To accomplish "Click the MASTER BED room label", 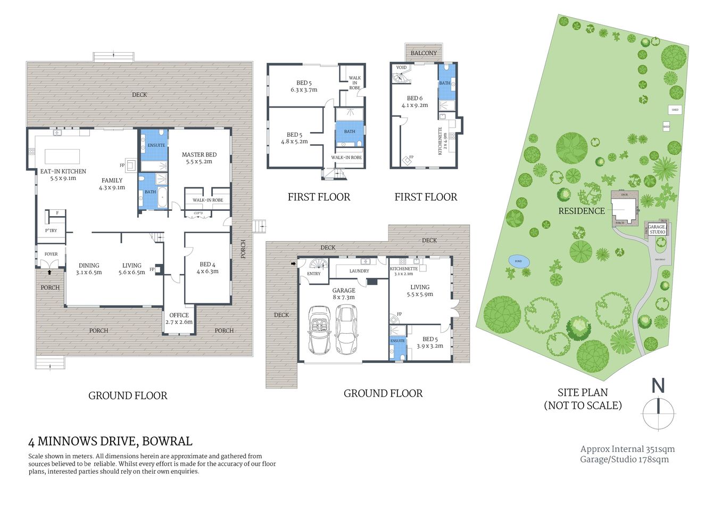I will click(199, 158).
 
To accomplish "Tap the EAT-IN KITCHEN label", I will click(63, 175).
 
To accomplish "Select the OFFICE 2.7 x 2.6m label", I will click(179, 318).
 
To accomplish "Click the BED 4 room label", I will click(207, 268).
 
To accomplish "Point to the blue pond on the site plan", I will click(518, 261).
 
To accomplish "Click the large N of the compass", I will click(658, 385).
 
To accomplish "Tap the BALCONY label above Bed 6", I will click(424, 53).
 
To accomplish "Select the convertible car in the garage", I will click(320, 330).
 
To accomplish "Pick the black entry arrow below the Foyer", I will click(50, 272).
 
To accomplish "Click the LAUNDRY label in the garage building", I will click(359, 271).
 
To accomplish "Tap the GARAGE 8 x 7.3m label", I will click(343, 294).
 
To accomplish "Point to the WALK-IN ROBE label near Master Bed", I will click(208, 200).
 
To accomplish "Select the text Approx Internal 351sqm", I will click(627, 449).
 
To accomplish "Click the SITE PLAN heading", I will click(583, 393).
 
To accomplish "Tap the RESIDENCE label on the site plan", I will click(581, 211).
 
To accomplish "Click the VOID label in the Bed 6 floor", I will click(402, 68).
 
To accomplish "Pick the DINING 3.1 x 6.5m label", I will click(89, 268).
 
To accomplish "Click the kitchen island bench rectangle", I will click(62, 156).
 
